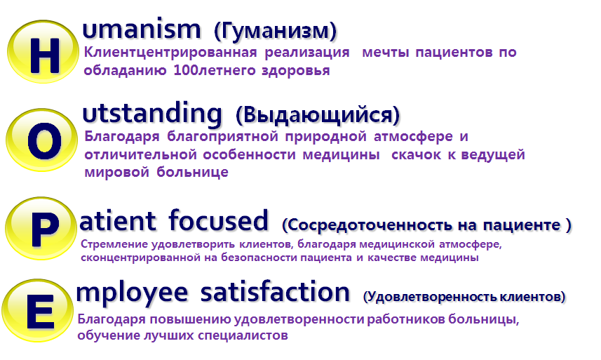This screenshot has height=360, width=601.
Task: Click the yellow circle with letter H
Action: click(43, 52)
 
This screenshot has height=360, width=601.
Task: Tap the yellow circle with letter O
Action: click(42, 140)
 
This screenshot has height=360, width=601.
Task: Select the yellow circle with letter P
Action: click(41, 229)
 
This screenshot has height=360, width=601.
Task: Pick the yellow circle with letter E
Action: click(38, 311)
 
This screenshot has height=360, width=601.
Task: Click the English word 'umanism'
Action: click(142, 29)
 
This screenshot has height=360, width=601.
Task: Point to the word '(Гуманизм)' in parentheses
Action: click(275, 31)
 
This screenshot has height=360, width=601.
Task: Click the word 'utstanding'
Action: click(152, 114)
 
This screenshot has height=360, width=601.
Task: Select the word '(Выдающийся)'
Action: click(318, 114)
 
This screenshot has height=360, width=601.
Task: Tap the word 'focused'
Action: click(219, 220)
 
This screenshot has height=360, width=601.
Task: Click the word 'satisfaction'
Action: click(275, 292)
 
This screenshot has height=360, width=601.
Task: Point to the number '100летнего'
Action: click(213, 71)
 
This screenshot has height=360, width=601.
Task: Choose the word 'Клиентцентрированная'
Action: click(170, 52)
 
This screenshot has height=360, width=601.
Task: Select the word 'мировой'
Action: click(116, 172)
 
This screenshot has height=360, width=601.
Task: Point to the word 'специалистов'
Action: click(243, 335)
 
